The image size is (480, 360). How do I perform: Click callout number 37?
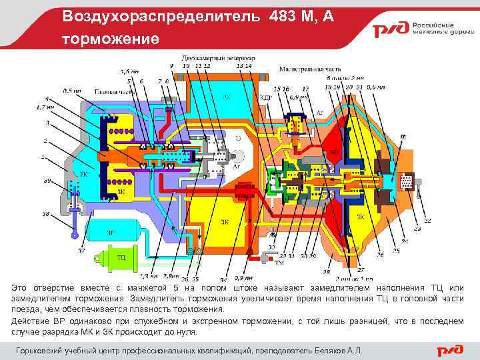point(81,251)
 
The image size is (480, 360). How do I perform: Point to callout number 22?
point(427,220)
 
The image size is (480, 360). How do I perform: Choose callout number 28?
point(326,272)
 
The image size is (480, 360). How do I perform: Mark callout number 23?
point(417,229)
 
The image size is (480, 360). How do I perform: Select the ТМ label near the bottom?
point(270,263)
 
